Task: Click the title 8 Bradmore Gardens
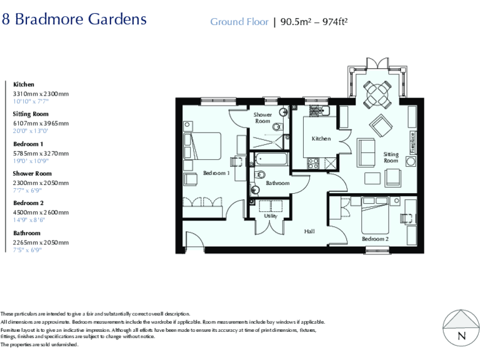[x=74, y=19]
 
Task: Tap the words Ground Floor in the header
[x=239, y=22]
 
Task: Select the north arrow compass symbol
[x=461, y=327]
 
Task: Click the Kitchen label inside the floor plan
[x=321, y=139]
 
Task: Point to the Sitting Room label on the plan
[x=391, y=157]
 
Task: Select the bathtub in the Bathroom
[x=270, y=159]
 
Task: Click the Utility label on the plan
[x=271, y=216]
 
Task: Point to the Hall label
[x=309, y=231]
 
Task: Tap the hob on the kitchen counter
[x=313, y=162]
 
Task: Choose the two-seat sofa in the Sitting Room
[x=366, y=150]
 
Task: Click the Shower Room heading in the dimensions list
[x=31, y=174]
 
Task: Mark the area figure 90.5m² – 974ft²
[x=313, y=22]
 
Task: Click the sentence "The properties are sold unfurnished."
[x=40, y=344]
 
